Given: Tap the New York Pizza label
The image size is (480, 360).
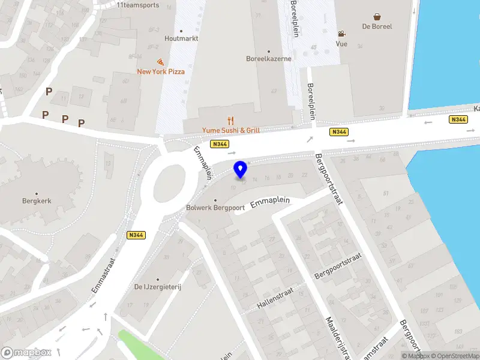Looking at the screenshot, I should (x=161, y=71).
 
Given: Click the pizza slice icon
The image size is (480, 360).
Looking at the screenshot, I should (x=160, y=62).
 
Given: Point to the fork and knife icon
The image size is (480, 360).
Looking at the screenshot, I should (x=230, y=121).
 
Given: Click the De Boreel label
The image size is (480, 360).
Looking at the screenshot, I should (x=377, y=26).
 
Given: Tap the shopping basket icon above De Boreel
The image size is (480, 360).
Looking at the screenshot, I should (x=377, y=17).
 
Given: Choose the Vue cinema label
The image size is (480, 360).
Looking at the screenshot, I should (x=341, y=44).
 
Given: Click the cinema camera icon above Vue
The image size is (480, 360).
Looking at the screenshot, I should (x=341, y=34).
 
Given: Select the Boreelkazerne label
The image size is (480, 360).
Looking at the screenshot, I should (x=269, y=59).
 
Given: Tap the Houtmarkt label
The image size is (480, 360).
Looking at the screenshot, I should (x=181, y=38).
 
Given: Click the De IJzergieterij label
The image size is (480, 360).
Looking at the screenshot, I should (x=158, y=287).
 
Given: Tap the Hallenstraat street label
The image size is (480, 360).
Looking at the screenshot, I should (x=276, y=298).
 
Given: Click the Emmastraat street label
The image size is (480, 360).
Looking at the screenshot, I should (x=103, y=276).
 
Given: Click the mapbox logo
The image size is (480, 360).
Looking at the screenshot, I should (x=26, y=353).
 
